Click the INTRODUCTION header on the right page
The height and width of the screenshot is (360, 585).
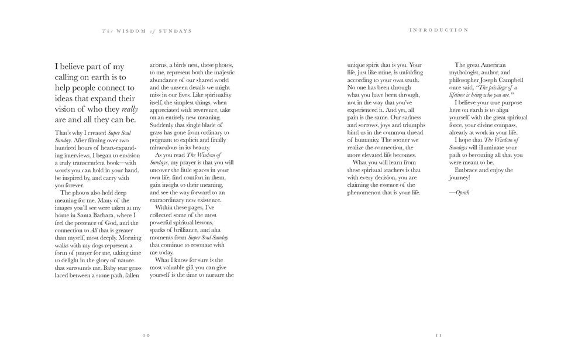[439, 30]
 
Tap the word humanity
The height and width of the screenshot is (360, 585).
[363, 139]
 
